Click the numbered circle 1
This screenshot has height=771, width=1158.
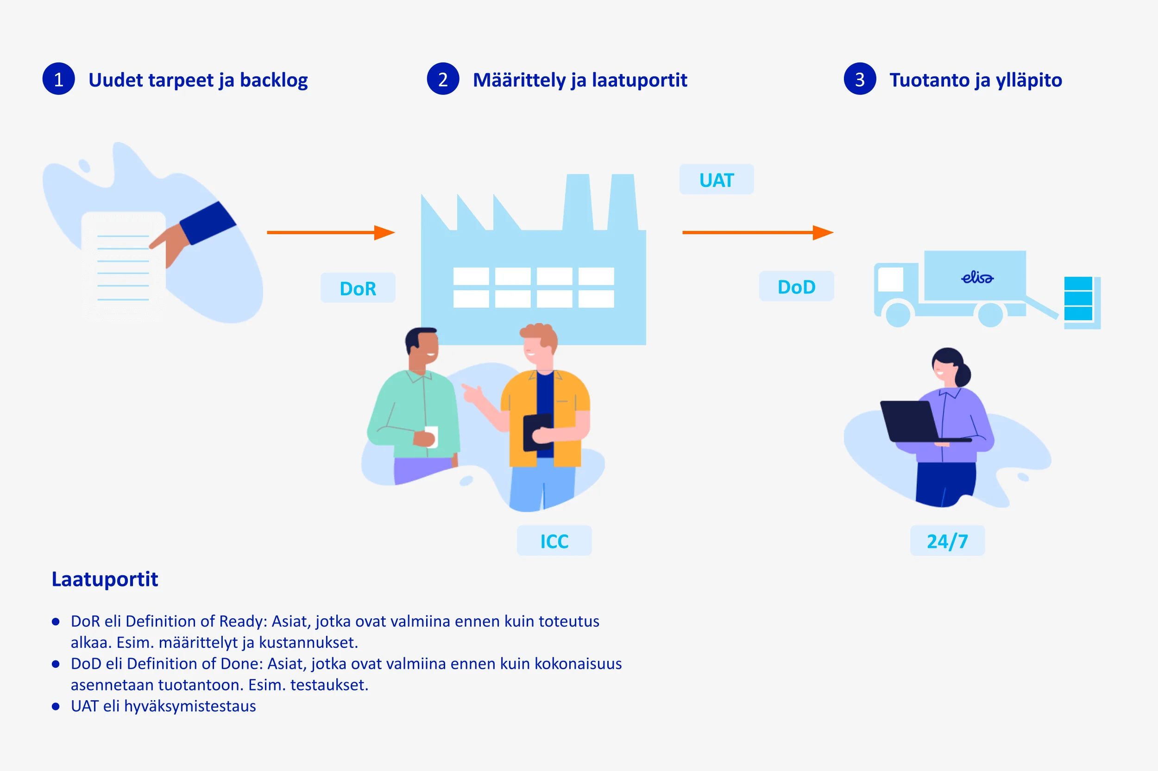click(58, 79)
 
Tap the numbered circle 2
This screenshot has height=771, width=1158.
click(443, 79)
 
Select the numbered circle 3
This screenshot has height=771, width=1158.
click(860, 79)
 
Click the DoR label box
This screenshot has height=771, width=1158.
click(358, 288)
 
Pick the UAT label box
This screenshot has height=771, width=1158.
click(717, 180)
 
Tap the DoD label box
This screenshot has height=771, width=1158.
click(796, 286)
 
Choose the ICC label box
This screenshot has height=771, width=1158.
click(554, 541)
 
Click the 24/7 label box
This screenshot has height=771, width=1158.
click(947, 541)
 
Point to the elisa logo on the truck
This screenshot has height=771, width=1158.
click(977, 278)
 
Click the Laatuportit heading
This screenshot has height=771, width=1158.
click(105, 579)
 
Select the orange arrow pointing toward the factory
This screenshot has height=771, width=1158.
click(331, 233)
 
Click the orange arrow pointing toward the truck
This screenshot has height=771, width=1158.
click(757, 233)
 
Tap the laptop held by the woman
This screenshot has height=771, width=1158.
click(911, 422)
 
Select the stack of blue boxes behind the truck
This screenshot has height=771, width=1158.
click(1078, 299)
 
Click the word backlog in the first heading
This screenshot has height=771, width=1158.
click(274, 80)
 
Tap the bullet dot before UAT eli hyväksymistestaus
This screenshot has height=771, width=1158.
click(56, 707)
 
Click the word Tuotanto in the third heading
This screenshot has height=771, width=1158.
click(929, 80)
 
